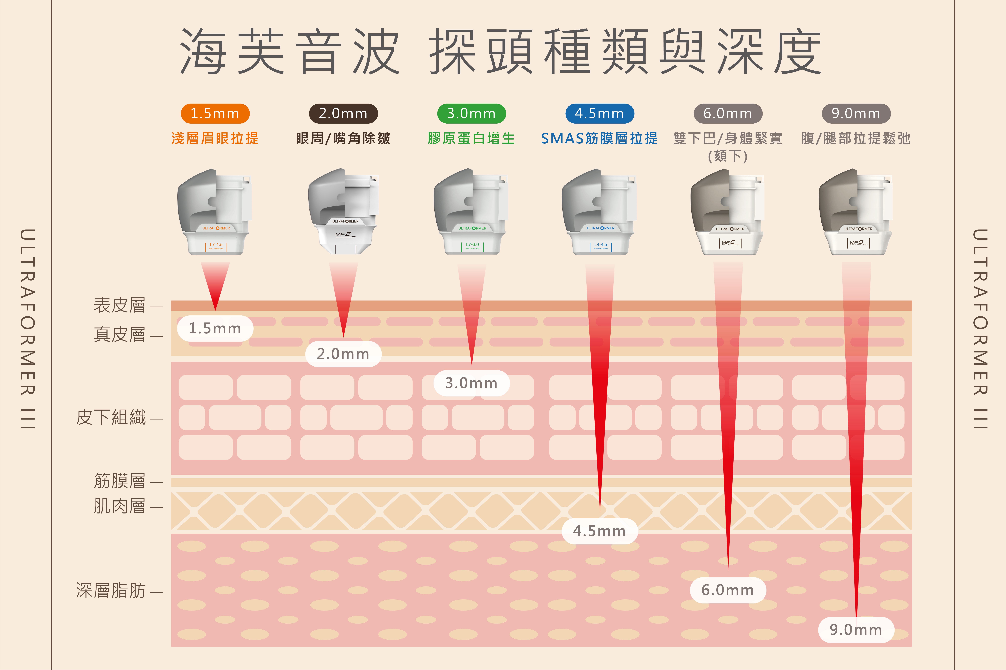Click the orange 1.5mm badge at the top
[215, 114]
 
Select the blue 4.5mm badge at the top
[600, 114]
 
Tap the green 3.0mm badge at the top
[471, 114]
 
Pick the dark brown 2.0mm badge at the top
[343, 114]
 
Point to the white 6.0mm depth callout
[728, 590]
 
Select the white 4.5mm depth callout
[600, 531]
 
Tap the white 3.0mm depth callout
[471, 383]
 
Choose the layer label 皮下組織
[111, 417]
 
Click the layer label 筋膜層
[120, 481]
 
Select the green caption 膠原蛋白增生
[471, 138]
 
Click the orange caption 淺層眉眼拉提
[215, 138]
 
